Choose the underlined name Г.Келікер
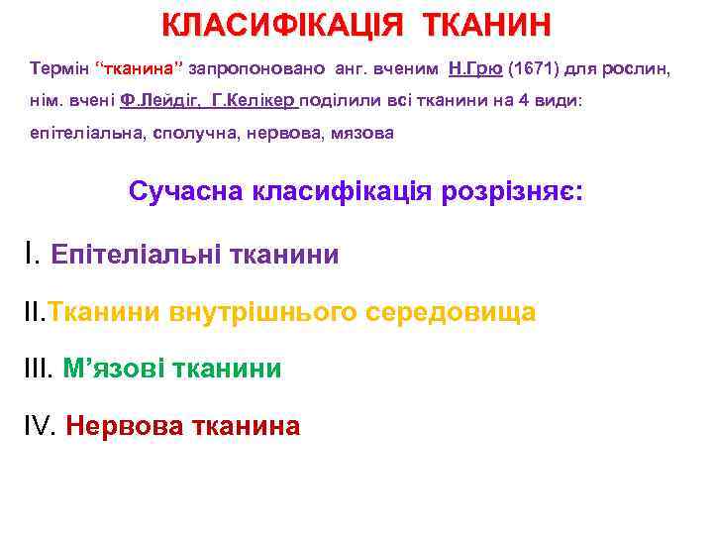click(255, 101)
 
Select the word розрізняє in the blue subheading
click(501, 191)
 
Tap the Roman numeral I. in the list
click(32, 254)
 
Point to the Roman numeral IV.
click(40, 426)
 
